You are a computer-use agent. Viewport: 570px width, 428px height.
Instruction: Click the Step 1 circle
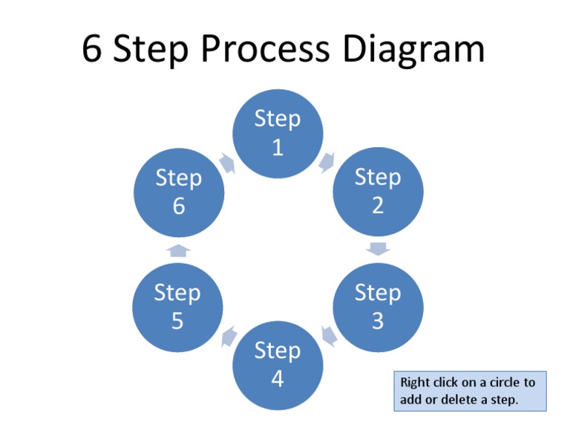[x=278, y=133]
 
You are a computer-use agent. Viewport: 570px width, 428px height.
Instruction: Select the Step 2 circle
[x=378, y=191]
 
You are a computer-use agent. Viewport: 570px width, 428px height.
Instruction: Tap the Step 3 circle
[x=378, y=306]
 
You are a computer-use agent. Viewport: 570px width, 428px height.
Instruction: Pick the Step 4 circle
[x=278, y=364]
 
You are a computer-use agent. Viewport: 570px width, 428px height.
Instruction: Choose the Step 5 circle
[x=178, y=306]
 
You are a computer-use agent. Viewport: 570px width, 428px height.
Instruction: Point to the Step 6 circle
[x=178, y=191]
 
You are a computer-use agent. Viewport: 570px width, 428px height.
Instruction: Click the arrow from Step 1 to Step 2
[x=327, y=161]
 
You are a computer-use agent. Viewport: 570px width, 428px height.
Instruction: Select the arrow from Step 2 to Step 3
[x=378, y=249]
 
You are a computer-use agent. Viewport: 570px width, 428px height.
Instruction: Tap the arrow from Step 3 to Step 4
[x=328, y=336]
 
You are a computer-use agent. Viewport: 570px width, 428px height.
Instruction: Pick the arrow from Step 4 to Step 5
[x=229, y=336]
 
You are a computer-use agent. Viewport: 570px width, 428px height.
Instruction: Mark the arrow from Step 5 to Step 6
[x=178, y=250]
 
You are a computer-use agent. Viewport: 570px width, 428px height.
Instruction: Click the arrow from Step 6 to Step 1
[x=228, y=163]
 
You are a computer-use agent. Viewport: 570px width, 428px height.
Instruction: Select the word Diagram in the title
[x=413, y=50]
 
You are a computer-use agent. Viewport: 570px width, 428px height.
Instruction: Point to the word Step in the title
[x=153, y=50]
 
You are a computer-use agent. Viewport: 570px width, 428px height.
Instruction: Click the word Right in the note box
[x=415, y=383]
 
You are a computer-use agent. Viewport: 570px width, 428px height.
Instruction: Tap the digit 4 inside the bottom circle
[x=278, y=379]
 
